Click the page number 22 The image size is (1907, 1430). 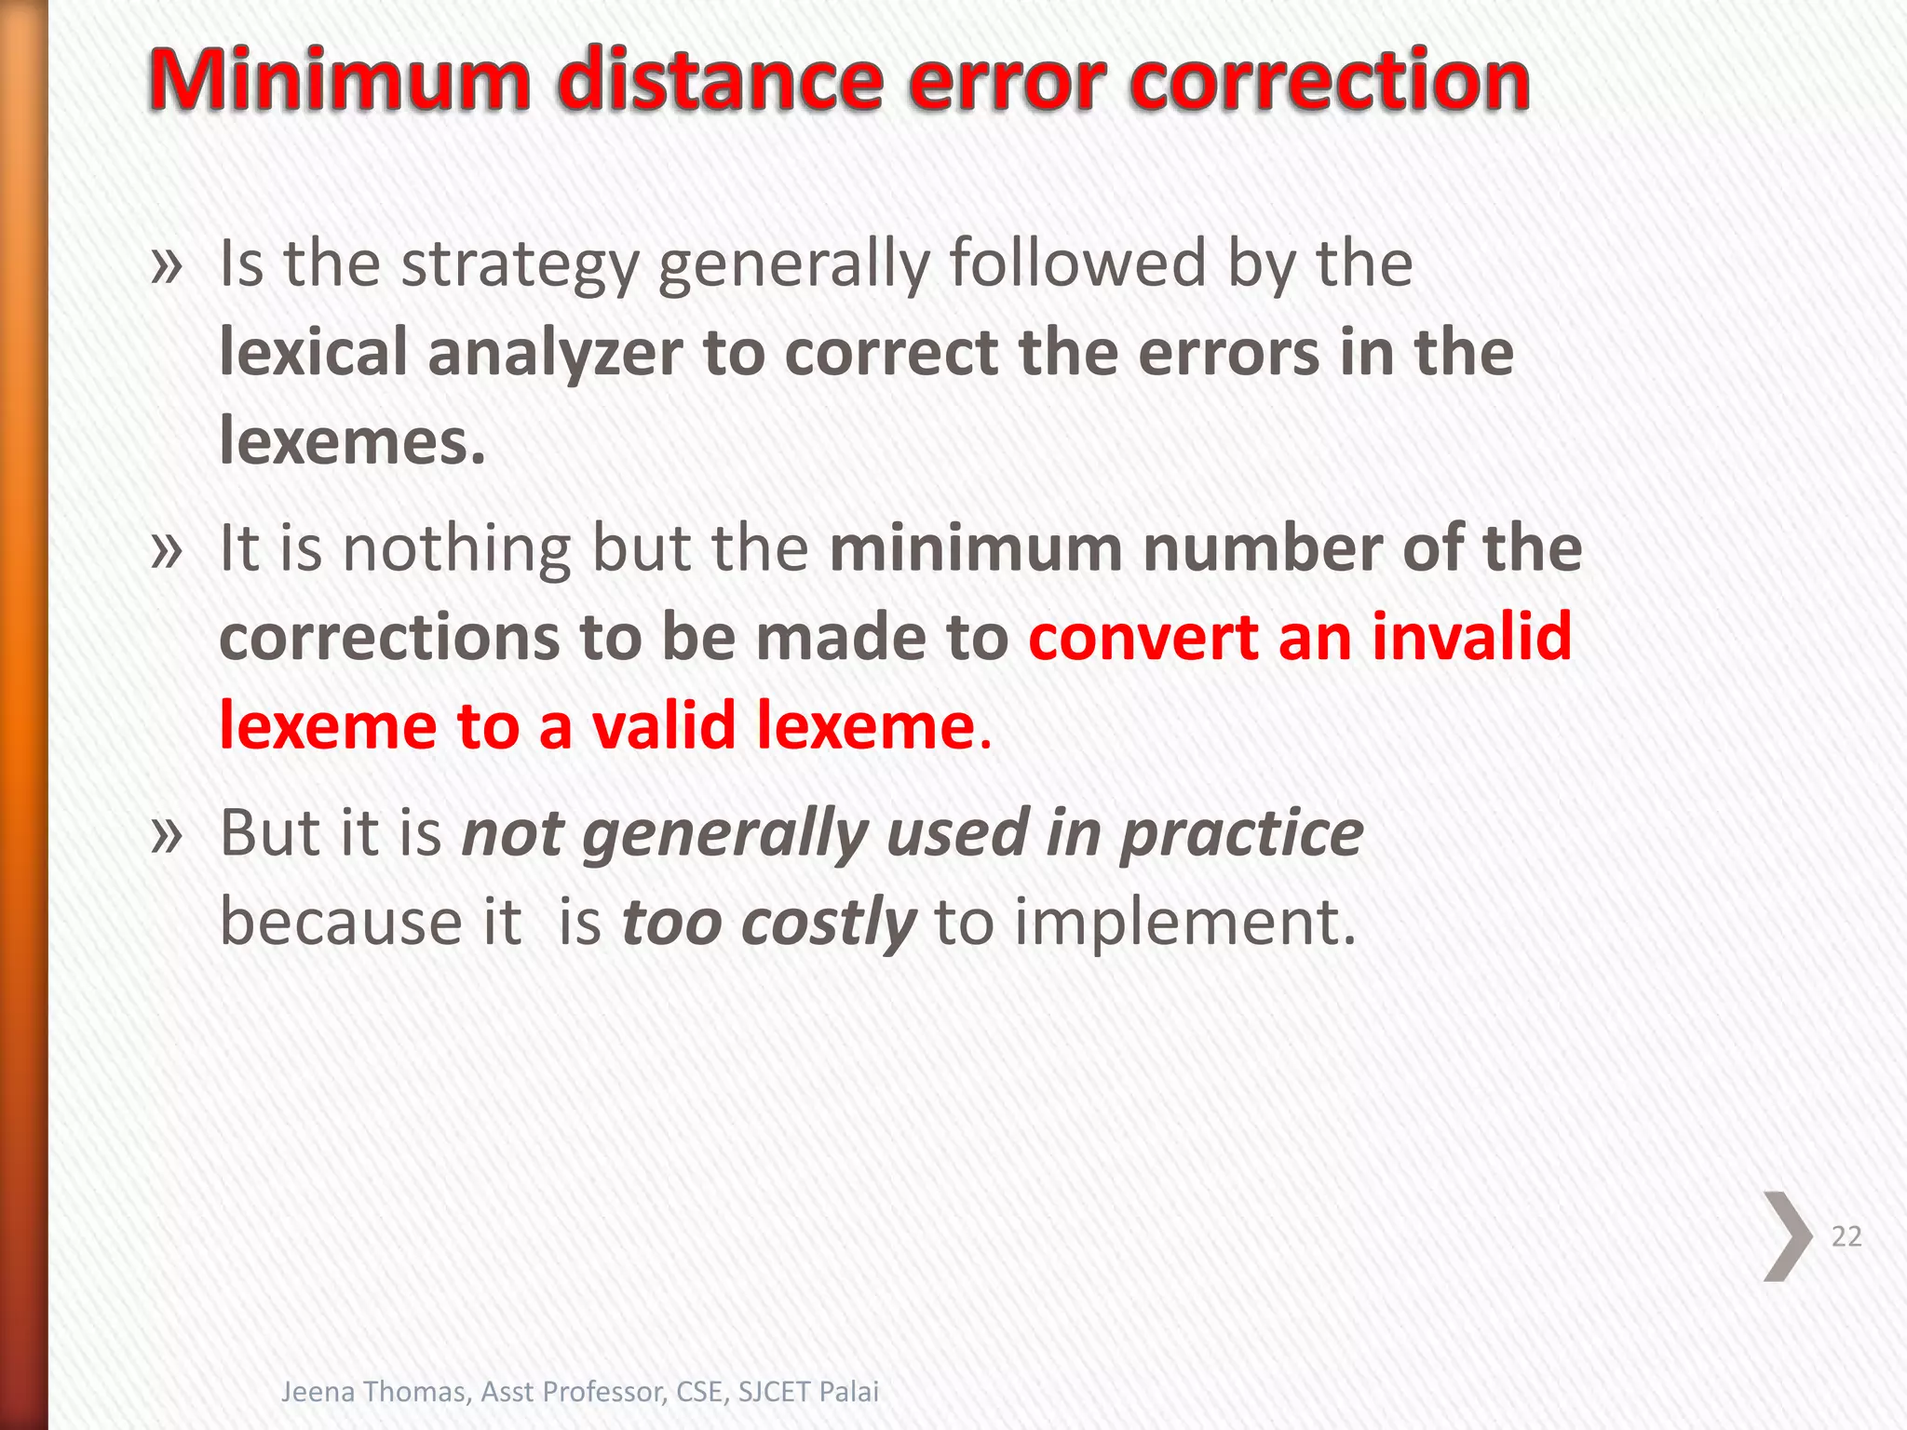[1846, 1236]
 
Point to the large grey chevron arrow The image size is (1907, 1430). [1787, 1236]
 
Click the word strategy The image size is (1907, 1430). [520, 264]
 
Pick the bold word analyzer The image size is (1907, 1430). [555, 353]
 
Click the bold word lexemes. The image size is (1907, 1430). [352, 441]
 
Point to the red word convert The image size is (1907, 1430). [1142, 637]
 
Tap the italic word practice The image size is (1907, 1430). [1241, 832]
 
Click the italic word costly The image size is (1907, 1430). [829, 924]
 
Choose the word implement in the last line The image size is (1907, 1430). [1183, 924]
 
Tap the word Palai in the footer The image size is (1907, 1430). [848, 1391]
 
